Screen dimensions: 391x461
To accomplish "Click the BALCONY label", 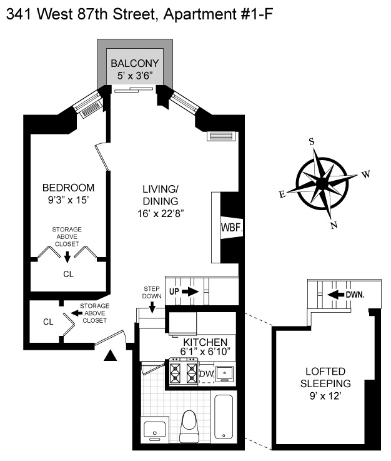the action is (134, 63).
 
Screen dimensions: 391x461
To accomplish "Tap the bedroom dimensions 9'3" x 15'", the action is (69, 201).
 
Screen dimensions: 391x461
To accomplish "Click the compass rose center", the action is (322, 183).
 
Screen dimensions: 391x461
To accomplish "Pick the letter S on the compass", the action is (311, 141).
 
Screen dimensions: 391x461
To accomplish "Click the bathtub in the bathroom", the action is (224, 417).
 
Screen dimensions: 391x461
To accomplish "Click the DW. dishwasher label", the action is (206, 374).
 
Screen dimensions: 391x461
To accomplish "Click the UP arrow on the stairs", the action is (190, 291).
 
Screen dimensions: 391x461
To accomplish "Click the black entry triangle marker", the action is (111, 356).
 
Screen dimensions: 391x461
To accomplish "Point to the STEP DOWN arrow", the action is (152, 305).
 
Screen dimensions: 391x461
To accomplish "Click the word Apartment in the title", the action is (191, 13).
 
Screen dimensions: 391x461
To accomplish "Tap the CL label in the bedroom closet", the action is (68, 274).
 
